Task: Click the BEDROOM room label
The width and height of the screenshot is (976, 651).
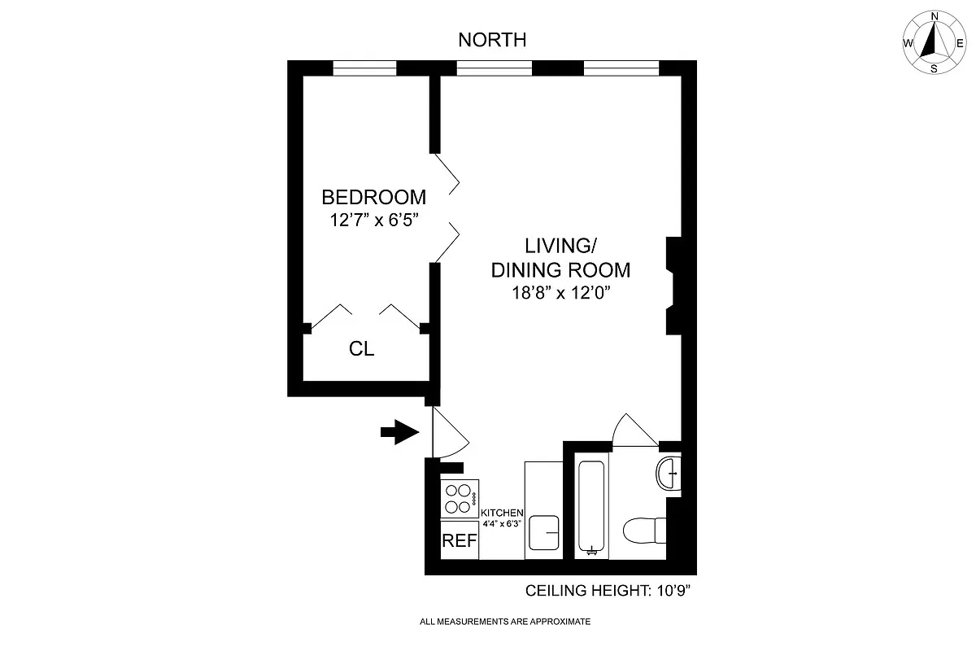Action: pos(373,197)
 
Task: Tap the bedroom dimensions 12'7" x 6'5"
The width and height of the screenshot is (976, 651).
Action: pos(373,220)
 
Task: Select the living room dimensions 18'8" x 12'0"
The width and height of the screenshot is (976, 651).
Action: pos(551,293)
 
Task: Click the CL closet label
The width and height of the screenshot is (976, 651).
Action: pos(361,350)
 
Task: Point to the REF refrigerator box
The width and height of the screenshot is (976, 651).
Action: pos(459,541)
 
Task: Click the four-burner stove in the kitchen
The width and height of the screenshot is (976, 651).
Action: pos(459,499)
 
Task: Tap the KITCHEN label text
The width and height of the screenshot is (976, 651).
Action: pos(502,513)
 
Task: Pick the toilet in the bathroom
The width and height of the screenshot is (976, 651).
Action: pos(644,533)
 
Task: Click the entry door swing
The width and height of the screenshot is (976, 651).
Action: pos(448,432)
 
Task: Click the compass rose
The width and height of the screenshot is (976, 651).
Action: pos(934,43)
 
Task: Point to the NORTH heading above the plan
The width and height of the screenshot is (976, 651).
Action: pos(492,39)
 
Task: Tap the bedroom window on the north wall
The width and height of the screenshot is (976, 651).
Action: pos(364,68)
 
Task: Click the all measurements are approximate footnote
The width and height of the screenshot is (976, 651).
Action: pos(504,622)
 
